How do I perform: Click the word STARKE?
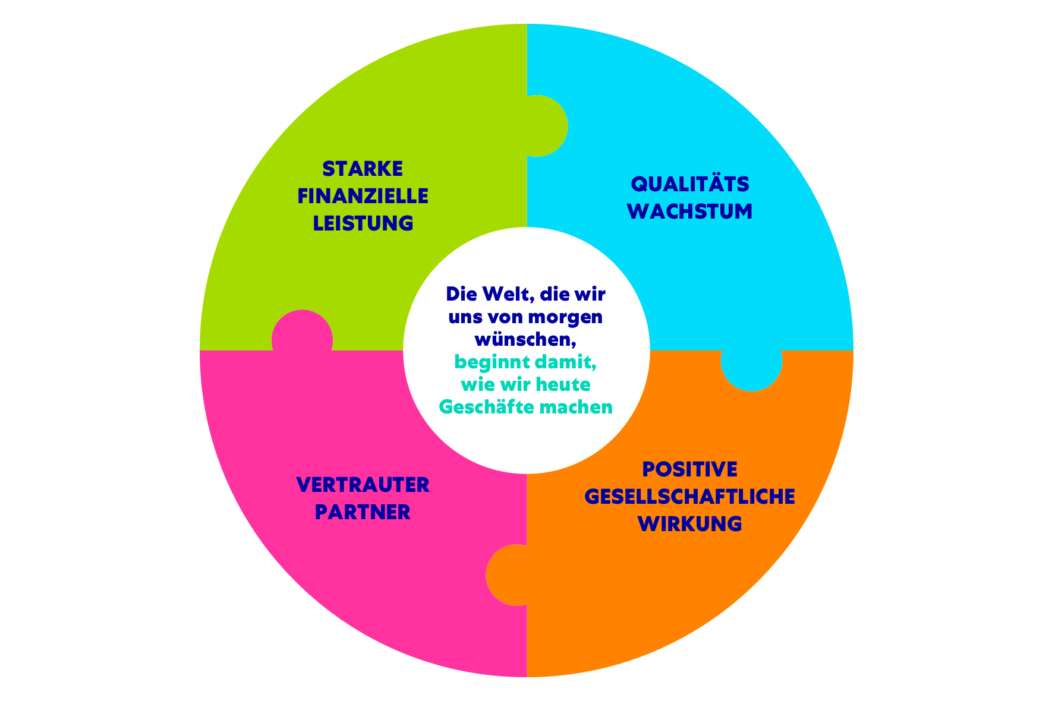363,169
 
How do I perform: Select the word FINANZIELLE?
363,196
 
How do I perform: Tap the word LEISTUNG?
363,223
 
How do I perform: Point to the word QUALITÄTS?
690,184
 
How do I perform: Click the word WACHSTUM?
690,211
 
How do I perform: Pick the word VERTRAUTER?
363,485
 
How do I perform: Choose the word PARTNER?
363,512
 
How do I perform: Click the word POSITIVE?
690,469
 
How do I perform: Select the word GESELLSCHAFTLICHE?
690,497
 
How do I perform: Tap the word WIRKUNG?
690,524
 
